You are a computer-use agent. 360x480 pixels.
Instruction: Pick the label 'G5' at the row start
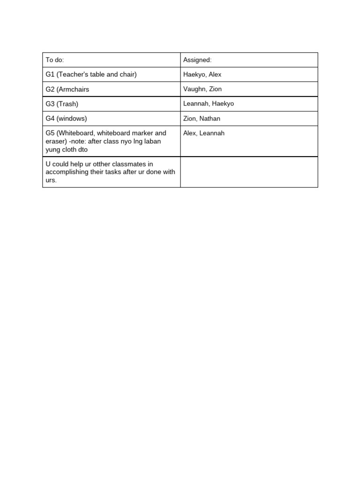pos(50,133)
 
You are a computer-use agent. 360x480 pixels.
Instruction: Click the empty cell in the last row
pos(249,172)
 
